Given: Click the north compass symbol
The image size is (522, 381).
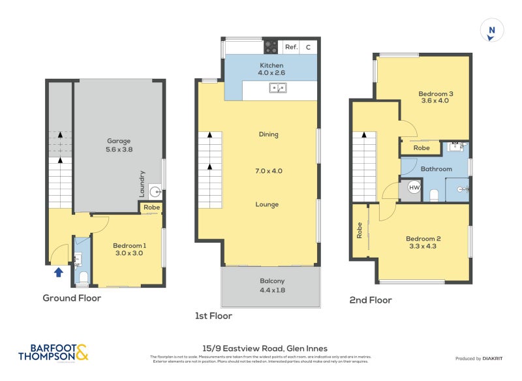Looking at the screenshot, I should tap(491, 31).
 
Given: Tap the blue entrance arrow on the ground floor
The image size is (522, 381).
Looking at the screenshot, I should tap(58, 271).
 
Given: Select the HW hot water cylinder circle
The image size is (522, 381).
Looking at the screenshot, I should tap(414, 188).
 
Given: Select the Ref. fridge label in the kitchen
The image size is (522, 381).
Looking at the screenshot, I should tap(291, 47).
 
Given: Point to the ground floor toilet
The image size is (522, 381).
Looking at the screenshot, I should tap(82, 279).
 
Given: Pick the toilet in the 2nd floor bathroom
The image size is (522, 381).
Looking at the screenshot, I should tap(434, 194).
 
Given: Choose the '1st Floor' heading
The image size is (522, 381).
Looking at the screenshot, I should tap(213, 316).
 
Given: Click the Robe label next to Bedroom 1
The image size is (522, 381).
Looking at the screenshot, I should tap(151, 207).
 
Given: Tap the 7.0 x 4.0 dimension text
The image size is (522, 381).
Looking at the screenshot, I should tap(268, 171).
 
